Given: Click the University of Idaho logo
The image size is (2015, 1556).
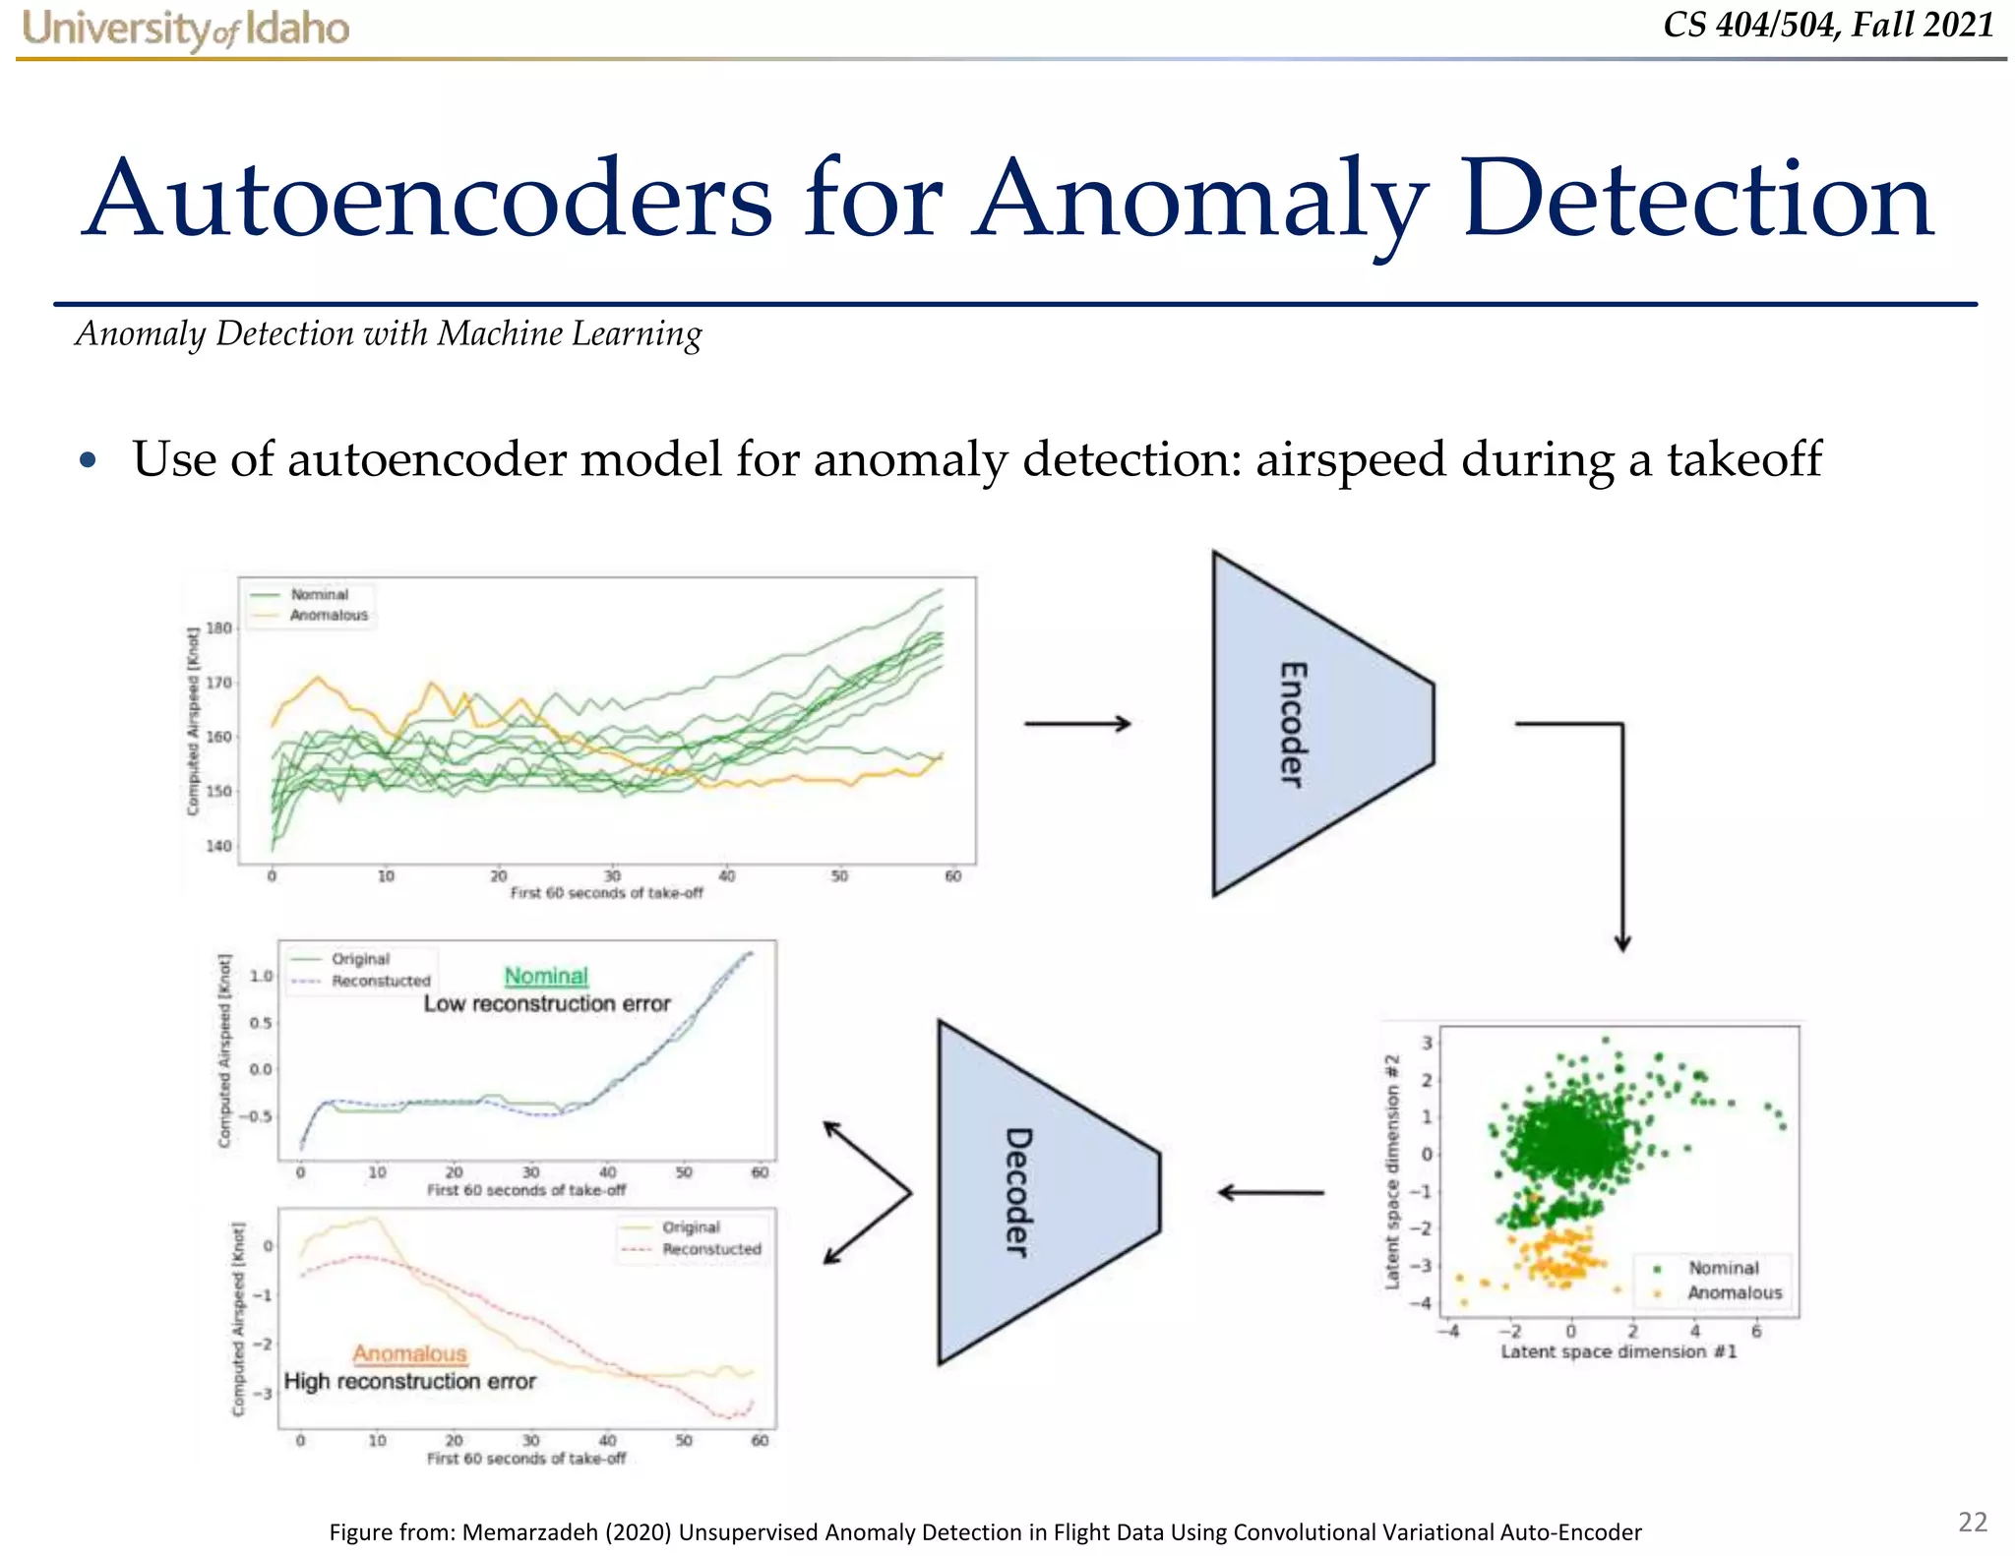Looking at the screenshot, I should pos(185,29).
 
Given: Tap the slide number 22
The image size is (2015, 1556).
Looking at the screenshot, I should pos(1973,1522).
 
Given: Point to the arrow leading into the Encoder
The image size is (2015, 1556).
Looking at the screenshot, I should pos(1077,724).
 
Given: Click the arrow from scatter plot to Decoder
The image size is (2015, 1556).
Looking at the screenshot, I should pos(1271,1193).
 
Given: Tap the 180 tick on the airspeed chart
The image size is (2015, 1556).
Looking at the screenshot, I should pos(218,628).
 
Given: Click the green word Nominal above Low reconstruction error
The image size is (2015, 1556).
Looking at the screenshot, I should pos(546,976).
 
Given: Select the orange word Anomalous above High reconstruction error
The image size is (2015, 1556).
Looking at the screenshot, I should pos(409,1353).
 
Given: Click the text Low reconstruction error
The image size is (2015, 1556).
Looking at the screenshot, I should pos(547,1003).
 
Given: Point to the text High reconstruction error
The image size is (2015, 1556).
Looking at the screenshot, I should pos(409,1381).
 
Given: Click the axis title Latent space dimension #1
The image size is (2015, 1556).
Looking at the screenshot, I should pos(1618,1351).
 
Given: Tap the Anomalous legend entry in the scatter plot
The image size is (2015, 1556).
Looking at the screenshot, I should pos(1734,1292).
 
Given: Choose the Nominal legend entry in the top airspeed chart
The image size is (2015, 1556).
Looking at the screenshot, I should pos(319,594).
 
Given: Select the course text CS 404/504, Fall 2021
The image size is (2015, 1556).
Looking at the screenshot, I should pos(1828,25).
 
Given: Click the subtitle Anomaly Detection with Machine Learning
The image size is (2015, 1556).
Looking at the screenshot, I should pos(389,333).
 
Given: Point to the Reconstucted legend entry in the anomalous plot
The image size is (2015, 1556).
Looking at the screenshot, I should pos(710,1249).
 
